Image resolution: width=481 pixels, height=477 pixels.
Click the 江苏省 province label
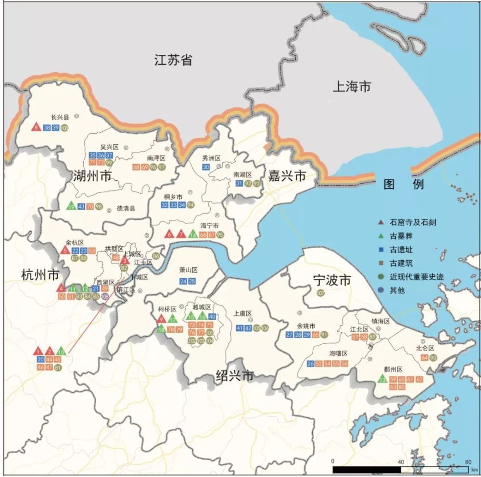(174, 60)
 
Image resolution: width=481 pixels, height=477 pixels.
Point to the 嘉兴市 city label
(287, 176)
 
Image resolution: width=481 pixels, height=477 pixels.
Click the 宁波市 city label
(332, 280)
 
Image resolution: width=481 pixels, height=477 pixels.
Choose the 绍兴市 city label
(234, 376)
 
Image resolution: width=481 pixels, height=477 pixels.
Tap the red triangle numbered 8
(36, 127)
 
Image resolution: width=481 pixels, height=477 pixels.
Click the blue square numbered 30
(206, 167)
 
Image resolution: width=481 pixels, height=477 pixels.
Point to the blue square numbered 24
(183, 281)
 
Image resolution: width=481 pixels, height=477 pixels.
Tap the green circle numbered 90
(433, 357)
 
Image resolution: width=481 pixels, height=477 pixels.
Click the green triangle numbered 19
(71, 206)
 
